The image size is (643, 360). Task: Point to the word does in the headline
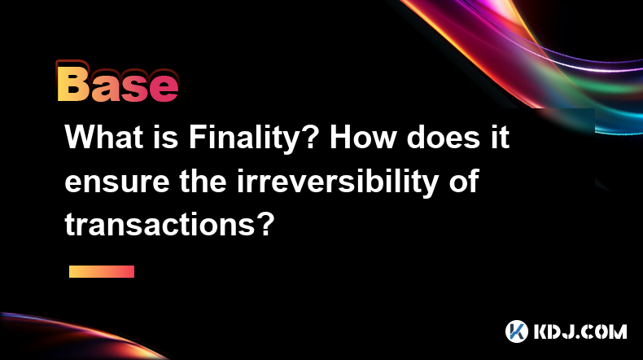coord(444,137)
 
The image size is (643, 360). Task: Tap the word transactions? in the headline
coord(169,225)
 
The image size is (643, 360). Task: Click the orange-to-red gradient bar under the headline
coord(102,271)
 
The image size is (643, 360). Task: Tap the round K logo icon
coord(517,331)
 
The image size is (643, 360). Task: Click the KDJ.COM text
coord(580,331)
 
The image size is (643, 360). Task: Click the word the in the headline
coord(203,181)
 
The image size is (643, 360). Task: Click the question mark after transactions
coord(266,224)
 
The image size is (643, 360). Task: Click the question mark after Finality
coord(313,136)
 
